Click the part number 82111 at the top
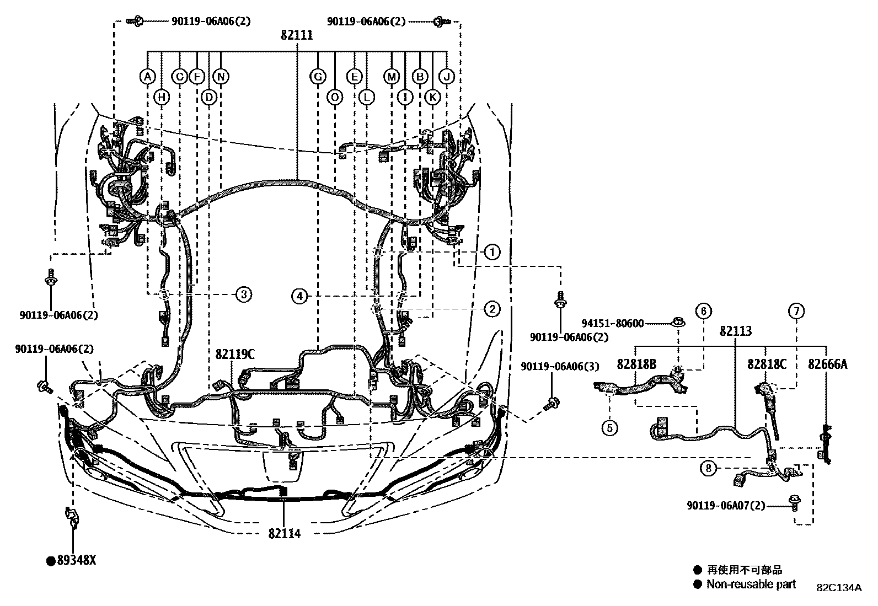[x=296, y=35]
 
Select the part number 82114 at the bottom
[x=285, y=534]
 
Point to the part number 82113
[x=736, y=331]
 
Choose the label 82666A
[x=828, y=364]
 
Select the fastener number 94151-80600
[x=613, y=324]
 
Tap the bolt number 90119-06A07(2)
[x=726, y=505]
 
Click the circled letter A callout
[x=147, y=76]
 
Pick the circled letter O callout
[x=335, y=98]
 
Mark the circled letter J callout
[x=447, y=76]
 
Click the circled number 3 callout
[x=243, y=294]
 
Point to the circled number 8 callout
[x=708, y=469]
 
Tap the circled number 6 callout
[x=704, y=311]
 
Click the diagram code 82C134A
[x=839, y=588]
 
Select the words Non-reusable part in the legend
[x=751, y=584]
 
